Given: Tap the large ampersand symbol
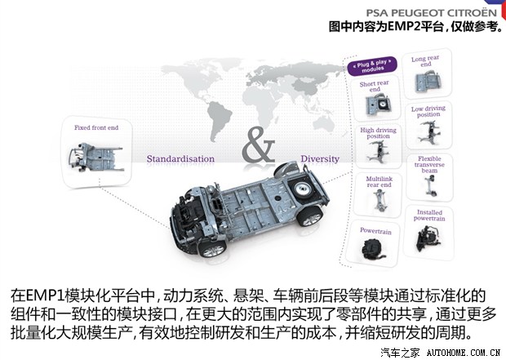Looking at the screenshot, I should tap(258, 147).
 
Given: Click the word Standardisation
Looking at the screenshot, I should tap(180, 158).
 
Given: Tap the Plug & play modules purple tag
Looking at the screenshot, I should tap(375, 66).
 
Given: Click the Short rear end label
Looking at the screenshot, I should tap(375, 87).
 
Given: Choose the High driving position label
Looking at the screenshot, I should tap(377, 133).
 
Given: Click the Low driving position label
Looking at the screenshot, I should tap(428, 111).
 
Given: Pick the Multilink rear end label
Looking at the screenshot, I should tap(377, 180).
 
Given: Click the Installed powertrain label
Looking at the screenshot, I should tap(428, 216).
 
